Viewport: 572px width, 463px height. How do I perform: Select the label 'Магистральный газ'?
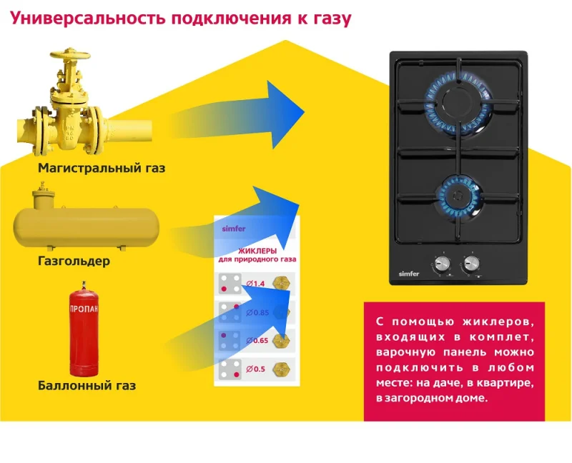102,169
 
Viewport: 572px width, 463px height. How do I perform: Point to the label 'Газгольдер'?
74,262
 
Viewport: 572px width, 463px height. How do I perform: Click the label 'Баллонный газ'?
87,386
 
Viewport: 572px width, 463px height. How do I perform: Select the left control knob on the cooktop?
442,263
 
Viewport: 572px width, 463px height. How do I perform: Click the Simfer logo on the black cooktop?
408,272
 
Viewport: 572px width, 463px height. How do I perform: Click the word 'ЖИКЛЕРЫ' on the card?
257,251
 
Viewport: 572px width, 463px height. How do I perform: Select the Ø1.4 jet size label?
255,284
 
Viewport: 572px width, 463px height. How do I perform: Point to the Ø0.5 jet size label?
255,369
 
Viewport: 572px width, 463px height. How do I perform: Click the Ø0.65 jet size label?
256,340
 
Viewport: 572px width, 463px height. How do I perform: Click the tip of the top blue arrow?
304,111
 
